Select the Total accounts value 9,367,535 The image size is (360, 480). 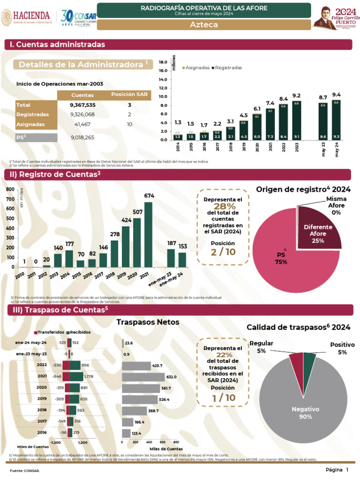click(82, 105)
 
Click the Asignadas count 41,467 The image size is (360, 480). click(82, 124)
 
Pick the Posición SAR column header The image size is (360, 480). click(129, 95)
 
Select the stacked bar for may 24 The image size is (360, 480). click(336, 120)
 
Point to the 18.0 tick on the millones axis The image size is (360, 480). click(163, 62)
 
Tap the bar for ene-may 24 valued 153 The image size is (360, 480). click(182, 259)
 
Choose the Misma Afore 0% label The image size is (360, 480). click(336, 206)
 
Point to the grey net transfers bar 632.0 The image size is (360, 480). click(143, 377)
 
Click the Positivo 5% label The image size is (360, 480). click(342, 348)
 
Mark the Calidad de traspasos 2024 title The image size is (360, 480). click(298, 327)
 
